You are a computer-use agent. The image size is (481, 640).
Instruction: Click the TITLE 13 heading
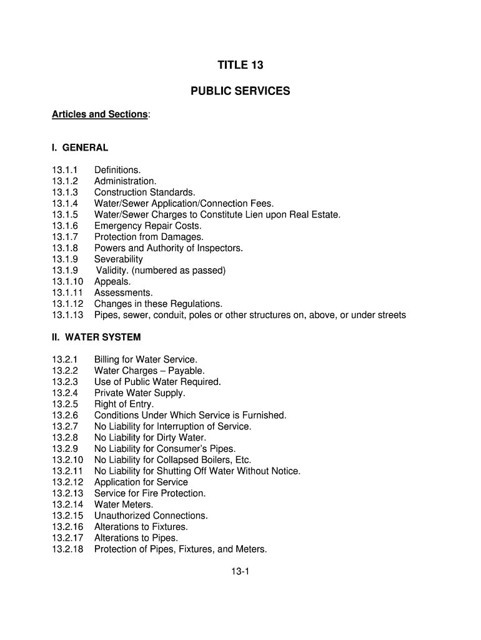pyautogui.click(x=240, y=65)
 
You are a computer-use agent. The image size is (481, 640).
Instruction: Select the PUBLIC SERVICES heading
pyautogui.click(x=240, y=91)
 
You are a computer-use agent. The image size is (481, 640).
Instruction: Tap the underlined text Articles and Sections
pyautogui.click(x=100, y=114)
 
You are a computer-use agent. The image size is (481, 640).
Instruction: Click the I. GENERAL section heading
pyautogui.click(x=80, y=148)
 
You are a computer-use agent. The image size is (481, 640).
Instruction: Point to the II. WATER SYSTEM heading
pyautogui.click(x=96, y=337)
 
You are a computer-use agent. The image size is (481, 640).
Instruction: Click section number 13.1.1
pyautogui.click(x=65, y=170)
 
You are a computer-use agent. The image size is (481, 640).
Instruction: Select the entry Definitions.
pyautogui.click(x=117, y=170)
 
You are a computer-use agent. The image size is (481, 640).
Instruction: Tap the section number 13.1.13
pyautogui.click(x=67, y=315)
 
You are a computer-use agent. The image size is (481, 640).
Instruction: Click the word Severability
pyautogui.click(x=119, y=259)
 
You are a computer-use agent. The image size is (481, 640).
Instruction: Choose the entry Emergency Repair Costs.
pyautogui.click(x=148, y=226)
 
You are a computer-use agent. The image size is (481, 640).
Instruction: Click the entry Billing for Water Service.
pyautogui.click(x=146, y=359)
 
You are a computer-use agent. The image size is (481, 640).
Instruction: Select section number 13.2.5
pyautogui.click(x=65, y=404)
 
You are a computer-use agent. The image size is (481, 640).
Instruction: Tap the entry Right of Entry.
pyautogui.click(x=124, y=404)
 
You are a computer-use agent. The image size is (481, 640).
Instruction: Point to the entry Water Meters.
pyautogui.click(x=124, y=504)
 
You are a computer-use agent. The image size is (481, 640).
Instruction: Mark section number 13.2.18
pyautogui.click(x=67, y=549)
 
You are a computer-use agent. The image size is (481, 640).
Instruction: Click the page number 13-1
pyautogui.click(x=240, y=571)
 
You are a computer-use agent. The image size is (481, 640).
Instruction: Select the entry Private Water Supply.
pyautogui.click(x=140, y=393)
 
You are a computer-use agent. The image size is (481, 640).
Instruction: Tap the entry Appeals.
pyautogui.click(x=112, y=282)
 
